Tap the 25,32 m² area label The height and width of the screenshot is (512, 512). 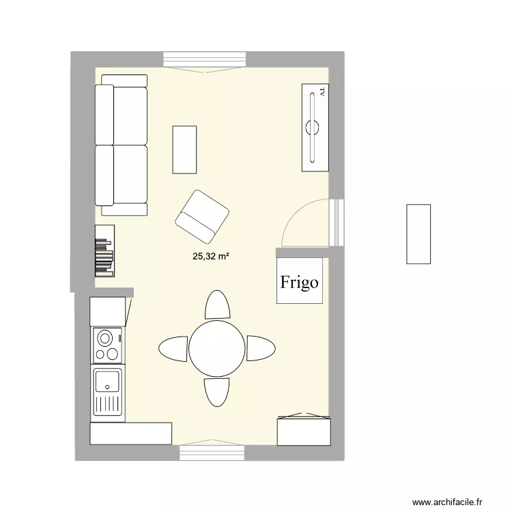coord(211,257)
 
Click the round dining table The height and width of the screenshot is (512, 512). coord(217,348)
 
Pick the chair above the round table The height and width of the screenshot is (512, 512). coord(217,305)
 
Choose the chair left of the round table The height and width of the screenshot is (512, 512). coord(173,348)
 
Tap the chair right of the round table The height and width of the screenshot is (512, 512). coord(261,348)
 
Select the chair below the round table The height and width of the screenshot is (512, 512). coord(217,392)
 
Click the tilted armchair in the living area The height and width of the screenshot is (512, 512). coord(201,216)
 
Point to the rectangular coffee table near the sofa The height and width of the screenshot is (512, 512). coord(185,149)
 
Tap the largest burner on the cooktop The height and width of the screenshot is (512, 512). coord(105,337)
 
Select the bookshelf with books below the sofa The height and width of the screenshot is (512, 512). coord(105,251)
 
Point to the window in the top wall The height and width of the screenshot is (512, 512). coord(205,60)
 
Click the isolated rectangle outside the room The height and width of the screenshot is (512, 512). coord(418,233)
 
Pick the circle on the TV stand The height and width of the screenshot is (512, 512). coord(314,126)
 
